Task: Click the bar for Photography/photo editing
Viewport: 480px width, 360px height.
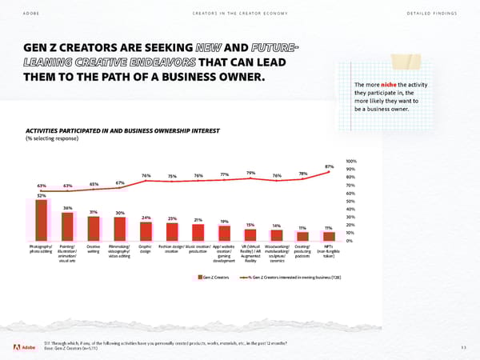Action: coord(42,220)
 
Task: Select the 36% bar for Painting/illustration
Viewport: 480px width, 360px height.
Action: coord(68,226)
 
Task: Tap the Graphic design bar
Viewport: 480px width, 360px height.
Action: coord(146,231)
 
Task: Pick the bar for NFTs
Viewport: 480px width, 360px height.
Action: coord(328,236)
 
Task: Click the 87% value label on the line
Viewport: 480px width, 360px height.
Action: coord(329,166)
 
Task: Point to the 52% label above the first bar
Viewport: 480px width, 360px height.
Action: coord(42,195)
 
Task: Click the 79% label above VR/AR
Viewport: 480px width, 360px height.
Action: coord(250,173)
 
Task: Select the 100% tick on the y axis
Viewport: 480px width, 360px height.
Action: coord(350,161)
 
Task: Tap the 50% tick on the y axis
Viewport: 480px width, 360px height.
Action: coord(350,201)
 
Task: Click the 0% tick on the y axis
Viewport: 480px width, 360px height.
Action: coord(350,241)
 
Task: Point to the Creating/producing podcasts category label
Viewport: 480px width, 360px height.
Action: coord(302,250)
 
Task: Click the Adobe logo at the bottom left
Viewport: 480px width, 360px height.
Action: coord(23,347)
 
